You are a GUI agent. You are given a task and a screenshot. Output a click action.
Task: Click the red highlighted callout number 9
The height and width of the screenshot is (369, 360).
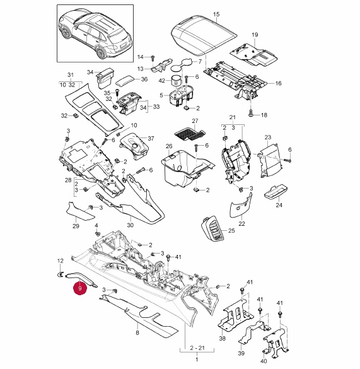coord(80,288)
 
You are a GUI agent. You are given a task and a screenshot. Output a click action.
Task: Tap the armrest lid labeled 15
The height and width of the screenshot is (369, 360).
coord(204,35)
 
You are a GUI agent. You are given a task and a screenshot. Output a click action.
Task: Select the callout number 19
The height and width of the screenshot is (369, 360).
coord(255,35)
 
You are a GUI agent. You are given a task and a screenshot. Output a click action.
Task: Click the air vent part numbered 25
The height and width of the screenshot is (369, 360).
coord(212,228)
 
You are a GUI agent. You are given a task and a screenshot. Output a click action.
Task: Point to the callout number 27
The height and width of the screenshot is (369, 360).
coord(195,121)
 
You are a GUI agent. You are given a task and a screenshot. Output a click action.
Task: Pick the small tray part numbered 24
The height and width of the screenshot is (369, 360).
coord(276,192)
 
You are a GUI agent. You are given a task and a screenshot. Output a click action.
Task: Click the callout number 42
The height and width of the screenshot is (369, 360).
coord(162,81)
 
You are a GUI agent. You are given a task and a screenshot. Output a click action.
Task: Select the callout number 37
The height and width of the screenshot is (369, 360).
coord(151,138)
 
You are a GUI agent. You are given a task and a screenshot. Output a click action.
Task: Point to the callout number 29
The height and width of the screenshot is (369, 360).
coord(76,226)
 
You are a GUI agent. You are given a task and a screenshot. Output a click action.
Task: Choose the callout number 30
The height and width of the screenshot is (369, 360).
coord(130,225)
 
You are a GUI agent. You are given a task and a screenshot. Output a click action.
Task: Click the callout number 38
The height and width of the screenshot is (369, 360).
coord(222,338)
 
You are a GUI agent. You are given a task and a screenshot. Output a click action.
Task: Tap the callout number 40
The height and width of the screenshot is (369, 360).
coord(264,361)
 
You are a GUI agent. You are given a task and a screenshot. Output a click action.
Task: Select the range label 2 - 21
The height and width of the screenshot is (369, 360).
coord(197,348)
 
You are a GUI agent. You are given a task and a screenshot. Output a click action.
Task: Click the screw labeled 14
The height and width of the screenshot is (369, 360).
coord(152,58)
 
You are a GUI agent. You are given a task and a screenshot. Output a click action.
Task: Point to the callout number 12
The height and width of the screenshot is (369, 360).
coord(61,261)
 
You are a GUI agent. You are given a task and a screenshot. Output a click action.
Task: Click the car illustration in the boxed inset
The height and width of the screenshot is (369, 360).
coord(95,35)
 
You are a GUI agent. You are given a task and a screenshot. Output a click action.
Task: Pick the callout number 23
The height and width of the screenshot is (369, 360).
coord(268,137)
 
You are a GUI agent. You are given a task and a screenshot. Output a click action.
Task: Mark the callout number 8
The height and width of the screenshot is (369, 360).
coord(137,332)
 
